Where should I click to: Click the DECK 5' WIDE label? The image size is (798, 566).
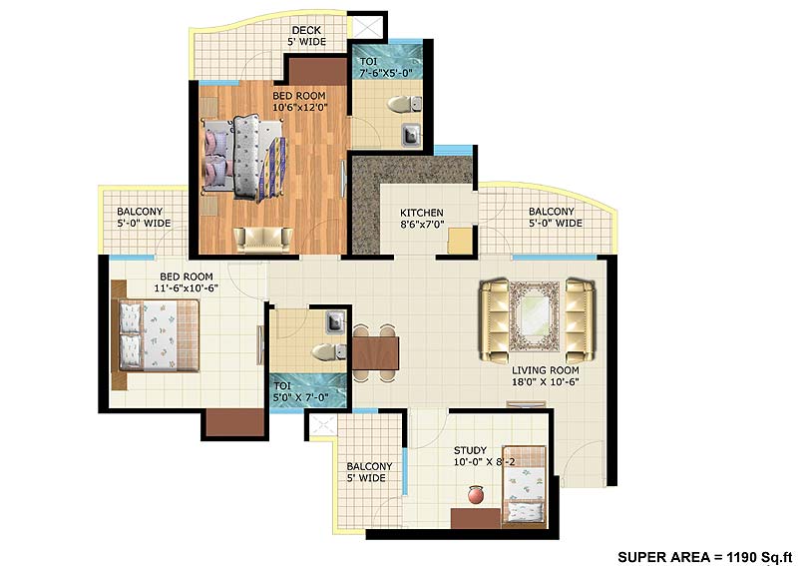(306, 36)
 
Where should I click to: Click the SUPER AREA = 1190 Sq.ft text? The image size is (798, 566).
(702, 555)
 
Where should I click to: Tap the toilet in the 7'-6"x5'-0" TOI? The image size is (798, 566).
(402, 103)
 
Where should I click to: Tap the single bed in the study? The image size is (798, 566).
(524, 483)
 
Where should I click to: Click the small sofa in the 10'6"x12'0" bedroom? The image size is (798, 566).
(263, 238)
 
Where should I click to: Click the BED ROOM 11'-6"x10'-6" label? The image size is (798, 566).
(187, 282)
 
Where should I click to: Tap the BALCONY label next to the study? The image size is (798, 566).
(369, 472)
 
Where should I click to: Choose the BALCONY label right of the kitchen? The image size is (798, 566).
(555, 217)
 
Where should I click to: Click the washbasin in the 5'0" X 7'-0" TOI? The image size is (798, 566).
(335, 321)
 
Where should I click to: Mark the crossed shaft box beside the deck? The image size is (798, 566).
(366, 27)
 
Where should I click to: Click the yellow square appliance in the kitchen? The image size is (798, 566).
(460, 242)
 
